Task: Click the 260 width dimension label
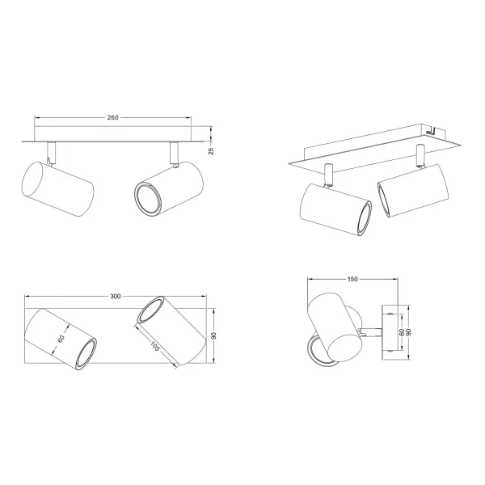click(112, 118)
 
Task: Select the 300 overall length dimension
click(115, 297)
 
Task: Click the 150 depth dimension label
click(352, 280)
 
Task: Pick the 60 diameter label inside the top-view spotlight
click(61, 339)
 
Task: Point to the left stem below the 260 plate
click(51, 152)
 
